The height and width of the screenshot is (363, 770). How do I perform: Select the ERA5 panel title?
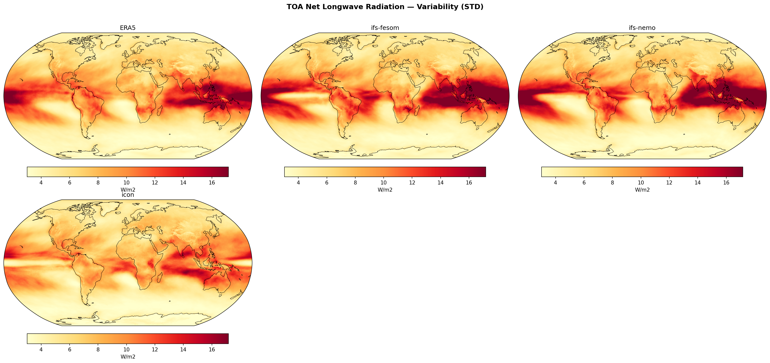pos(128,28)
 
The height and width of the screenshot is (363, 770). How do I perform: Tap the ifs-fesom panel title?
pos(385,28)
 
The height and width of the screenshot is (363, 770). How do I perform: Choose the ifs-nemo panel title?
pos(642,28)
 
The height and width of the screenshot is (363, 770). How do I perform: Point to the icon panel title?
pos(128,195)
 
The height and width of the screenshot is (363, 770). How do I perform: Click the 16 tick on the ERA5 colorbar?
pos(212,182)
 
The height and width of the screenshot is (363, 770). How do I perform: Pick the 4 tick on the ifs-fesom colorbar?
pos(298,182)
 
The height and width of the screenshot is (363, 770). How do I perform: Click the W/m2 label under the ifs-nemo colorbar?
pos(642,190)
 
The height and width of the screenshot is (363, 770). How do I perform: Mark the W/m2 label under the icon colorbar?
pos(128,357)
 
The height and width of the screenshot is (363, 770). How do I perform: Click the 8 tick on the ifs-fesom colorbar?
pos(355,182)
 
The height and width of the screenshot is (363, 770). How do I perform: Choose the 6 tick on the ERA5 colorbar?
pos(70,182)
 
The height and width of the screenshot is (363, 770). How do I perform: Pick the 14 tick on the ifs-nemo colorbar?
pos(698,182)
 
